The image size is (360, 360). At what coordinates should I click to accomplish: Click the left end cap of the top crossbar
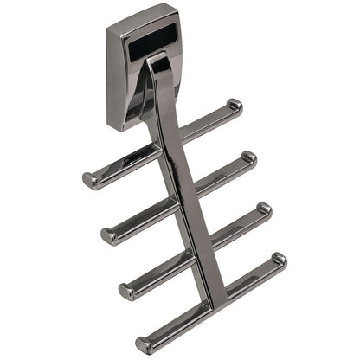point(89,180)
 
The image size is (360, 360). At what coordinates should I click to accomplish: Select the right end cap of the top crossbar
point(235,106)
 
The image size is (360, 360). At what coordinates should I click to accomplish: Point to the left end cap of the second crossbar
point(108,235)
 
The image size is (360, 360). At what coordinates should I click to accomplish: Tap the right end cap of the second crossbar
point(249,157)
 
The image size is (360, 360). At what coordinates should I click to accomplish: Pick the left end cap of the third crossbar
point(125,290)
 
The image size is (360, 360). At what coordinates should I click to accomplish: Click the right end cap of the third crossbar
point(264,209)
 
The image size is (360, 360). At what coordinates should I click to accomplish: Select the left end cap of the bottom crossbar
point(142,344)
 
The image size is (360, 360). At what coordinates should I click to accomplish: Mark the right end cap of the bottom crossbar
point(279,260)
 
